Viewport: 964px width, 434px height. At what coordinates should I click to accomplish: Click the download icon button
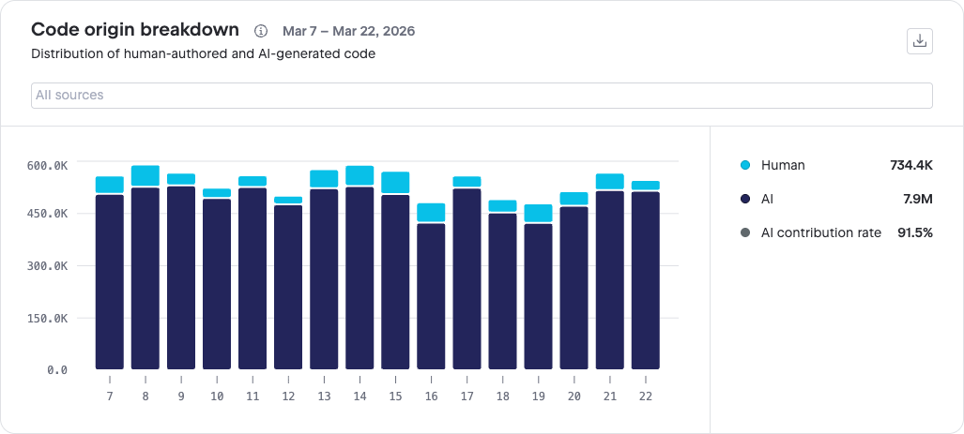920,41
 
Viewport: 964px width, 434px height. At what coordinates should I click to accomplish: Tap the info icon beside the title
261,30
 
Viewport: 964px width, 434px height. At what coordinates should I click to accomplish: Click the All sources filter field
482,96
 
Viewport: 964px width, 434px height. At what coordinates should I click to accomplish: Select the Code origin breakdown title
134,29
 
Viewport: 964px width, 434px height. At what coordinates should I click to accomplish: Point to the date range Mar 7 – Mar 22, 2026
348,31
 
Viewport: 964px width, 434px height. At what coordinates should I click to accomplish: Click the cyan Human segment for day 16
431,213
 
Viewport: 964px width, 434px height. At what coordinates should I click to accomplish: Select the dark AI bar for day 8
145,278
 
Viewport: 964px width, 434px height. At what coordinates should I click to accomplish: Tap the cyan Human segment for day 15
395,182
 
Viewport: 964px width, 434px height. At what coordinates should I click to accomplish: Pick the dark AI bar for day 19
539,296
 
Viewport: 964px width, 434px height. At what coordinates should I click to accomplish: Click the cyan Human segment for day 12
288,200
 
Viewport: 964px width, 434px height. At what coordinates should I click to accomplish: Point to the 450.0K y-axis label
47,214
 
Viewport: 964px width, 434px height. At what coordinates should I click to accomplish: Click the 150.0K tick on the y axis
47,318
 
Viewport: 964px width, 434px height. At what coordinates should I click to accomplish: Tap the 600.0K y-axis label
47,165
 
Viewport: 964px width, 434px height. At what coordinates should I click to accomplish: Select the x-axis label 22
646,397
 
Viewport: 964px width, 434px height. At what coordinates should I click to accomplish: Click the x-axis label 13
324,397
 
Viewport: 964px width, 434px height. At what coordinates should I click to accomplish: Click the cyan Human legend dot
745,165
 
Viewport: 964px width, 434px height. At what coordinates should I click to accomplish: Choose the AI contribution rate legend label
821,232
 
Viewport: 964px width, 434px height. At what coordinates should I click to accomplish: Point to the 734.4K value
911,165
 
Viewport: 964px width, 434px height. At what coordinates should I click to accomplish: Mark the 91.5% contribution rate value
915,232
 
